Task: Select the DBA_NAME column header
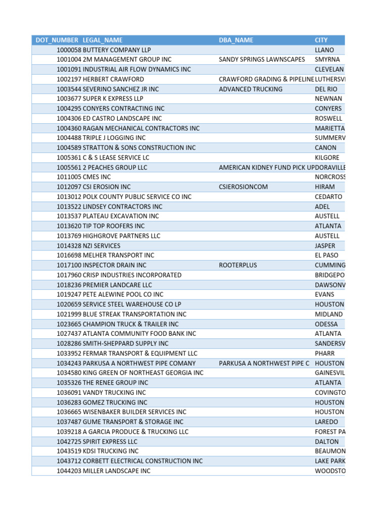(236, 40)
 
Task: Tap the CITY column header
(321, 40)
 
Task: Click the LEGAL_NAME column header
(103, 40)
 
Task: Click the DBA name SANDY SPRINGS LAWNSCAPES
(262, 60)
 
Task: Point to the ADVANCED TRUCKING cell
(251, 89)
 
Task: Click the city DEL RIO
(326, 89)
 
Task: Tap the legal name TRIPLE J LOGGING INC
(114, 138)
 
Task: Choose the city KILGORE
(327, 158)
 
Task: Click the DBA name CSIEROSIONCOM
(244, 187)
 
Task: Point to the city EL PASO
(326, 255)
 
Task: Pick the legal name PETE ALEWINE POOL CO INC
(123, 294)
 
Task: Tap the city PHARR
(325, 353)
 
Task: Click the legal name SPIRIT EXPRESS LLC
(110, 441)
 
